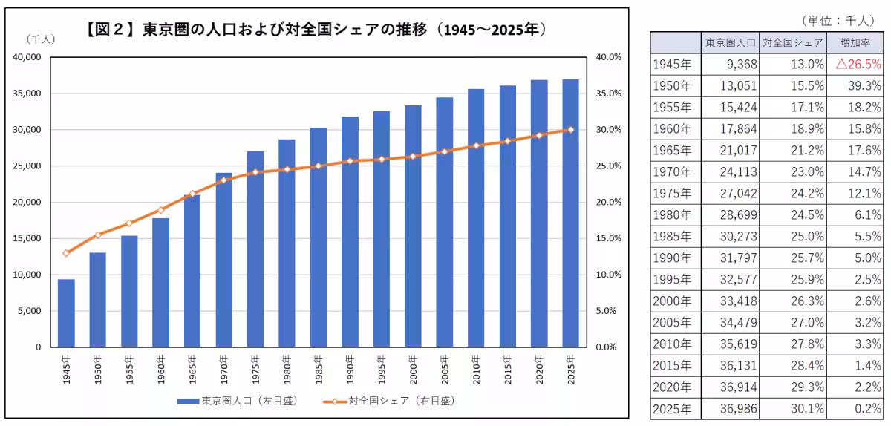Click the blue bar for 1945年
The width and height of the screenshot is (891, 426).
click(66, 313)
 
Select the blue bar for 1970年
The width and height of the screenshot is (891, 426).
click(224, 260)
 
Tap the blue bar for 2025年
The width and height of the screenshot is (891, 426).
click(570, 213)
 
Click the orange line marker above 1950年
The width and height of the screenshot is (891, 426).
click(98, 235)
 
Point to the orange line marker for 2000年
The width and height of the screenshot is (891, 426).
click(413, 157)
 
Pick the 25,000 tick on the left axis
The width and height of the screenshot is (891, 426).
click(27, 166)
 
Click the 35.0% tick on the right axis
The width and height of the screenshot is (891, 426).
click(608, 94)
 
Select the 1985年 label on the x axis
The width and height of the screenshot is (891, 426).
click(319, 370)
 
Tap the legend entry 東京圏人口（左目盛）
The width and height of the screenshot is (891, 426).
click(238, 401)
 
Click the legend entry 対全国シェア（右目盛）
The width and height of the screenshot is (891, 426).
click(388, 401)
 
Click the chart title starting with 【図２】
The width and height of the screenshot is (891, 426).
click(316, 30)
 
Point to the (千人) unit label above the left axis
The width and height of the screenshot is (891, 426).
click(41, 39)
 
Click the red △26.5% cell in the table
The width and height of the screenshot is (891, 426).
click(858, 64)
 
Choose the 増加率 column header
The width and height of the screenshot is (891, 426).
click(855, 42)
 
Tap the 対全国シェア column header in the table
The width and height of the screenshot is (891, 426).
click(793, 42)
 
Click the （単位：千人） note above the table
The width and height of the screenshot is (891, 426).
click(838, 21)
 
